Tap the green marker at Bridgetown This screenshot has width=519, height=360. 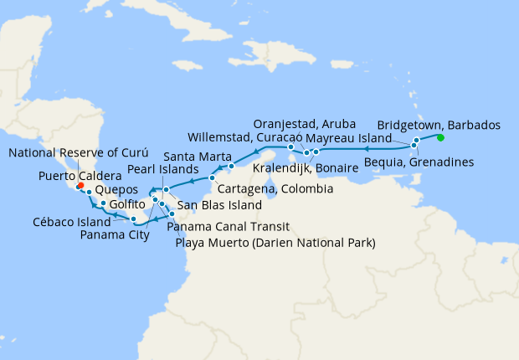coord(440,137)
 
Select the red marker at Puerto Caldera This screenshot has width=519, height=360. coord(80,187)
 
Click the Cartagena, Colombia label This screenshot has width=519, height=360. coord(275,190)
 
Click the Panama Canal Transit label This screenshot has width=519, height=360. coord(228,226)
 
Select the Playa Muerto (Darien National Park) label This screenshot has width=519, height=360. coord(275,243)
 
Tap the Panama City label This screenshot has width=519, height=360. coord(115,234)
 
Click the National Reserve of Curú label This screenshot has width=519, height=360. coord(79,153)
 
